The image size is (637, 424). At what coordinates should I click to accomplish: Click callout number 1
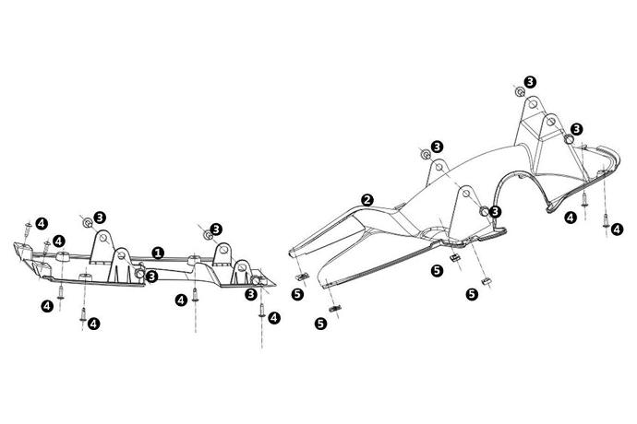pos(158,253)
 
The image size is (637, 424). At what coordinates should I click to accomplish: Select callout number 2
pos(367,200)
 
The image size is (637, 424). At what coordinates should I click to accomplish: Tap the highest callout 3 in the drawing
pos(530,82)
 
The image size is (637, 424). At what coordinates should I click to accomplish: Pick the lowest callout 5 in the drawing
pos(321,324)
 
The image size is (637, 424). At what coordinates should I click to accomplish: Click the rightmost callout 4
pos(617,230)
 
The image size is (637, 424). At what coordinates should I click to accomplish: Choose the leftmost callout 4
pos(42,223)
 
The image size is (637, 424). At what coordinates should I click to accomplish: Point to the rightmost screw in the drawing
pos(607,222)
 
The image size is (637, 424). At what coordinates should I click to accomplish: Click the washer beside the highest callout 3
pos(520,91)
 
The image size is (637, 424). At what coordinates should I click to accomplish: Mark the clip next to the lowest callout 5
pos(334,309)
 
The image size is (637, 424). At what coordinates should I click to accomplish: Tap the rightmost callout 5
pos(472,294)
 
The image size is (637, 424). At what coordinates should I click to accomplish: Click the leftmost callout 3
pos(100,218)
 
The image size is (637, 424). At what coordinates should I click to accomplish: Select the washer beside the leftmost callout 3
pos(88,223)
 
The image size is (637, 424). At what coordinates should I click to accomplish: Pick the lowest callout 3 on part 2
pos(495,211)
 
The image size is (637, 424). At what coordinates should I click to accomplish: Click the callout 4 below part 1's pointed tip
pos(274,318)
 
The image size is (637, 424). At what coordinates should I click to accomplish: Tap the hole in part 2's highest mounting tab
pos(533,104)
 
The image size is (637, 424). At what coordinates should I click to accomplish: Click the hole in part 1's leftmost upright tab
pos(102,238)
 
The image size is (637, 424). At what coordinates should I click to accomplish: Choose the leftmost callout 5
pos(297,294)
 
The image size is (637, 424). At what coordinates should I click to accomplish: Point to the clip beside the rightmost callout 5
pos(486,281)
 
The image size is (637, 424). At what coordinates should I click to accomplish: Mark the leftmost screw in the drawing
pos(28,229)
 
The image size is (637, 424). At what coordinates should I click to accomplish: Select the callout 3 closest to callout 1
pos(151,277)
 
